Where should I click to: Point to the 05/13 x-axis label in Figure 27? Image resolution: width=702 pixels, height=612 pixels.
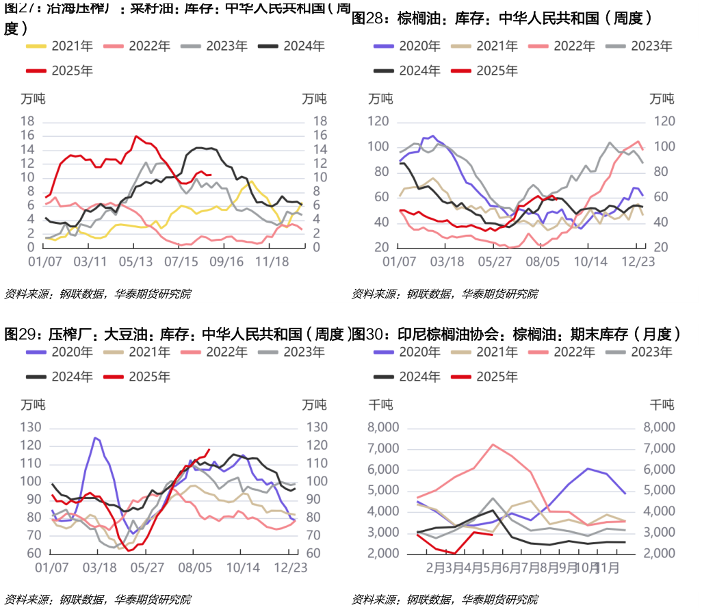(135, 262)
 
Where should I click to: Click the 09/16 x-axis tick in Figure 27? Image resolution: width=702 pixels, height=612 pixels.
(227, 262)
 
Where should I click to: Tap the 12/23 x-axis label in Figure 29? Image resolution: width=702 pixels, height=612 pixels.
(291, 568)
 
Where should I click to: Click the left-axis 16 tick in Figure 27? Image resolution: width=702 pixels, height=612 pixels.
(27, 135)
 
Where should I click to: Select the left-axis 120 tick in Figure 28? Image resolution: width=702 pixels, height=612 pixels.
(378, 121)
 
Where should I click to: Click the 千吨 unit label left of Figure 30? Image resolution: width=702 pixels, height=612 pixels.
(380, 404)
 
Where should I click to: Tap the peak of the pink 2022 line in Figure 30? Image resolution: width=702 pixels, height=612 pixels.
(493, 444)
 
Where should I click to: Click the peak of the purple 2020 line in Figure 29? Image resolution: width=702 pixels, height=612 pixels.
(96, 437)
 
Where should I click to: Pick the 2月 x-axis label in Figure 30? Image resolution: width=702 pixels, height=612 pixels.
(436, 568)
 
